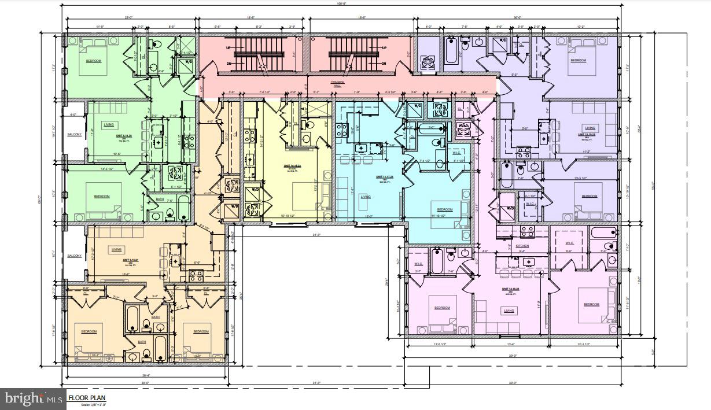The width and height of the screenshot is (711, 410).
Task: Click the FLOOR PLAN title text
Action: point(87,398)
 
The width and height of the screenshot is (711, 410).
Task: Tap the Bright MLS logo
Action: point(33,398)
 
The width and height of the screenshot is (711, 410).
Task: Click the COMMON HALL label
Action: point(337,84)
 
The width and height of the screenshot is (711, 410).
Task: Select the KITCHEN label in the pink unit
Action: point(522,246)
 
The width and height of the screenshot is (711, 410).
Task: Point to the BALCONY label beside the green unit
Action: point(74,135)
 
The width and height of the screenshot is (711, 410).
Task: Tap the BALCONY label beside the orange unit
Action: point(74,256)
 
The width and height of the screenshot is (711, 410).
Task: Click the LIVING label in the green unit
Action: point(109,124)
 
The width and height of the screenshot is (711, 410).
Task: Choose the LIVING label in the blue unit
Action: point(366,197)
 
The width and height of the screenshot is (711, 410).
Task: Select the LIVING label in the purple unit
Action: point(590,128)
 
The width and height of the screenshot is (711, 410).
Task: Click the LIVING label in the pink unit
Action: point(509,311)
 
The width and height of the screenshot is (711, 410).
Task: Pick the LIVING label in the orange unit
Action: point(116,249)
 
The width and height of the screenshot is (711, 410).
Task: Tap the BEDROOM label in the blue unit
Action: point(444,209)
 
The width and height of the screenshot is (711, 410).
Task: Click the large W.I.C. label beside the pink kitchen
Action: point(569,243)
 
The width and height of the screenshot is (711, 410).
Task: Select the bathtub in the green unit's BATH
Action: point(183,207)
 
